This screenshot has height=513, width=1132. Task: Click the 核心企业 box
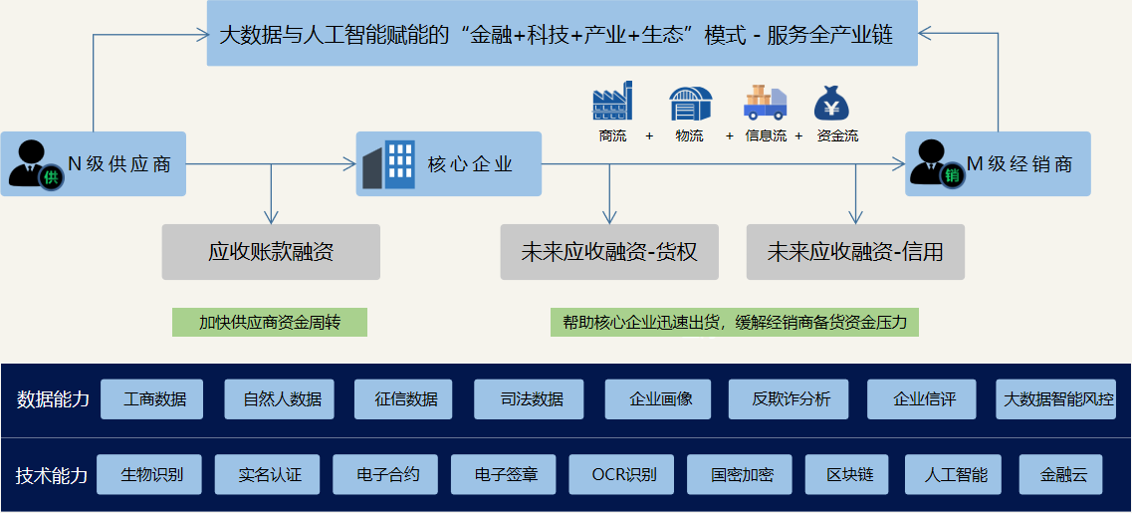click(449, 163)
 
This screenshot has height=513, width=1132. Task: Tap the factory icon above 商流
click(612, 103)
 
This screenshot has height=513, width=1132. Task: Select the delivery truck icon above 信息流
click(765, 103)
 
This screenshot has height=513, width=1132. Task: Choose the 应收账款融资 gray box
click(271, 252)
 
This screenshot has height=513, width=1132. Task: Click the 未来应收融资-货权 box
click(609, 252)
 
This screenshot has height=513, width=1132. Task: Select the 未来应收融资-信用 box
click(855, 252)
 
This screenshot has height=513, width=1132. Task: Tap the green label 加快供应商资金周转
click(270, 322)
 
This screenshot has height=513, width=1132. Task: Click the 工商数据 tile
click(154, 399)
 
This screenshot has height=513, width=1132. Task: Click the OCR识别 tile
click(624, 475)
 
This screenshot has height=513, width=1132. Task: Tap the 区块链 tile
click(849, 475)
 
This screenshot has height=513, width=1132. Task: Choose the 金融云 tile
click(1060, 475)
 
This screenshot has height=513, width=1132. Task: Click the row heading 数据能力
click(53, 399)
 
